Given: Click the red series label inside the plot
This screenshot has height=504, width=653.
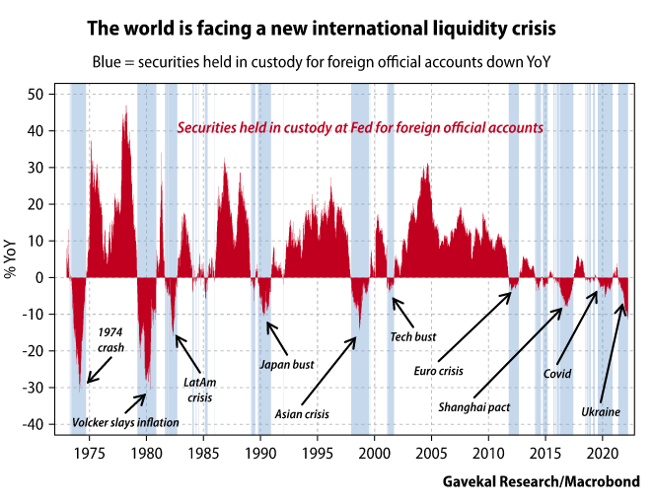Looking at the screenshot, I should point(359,128).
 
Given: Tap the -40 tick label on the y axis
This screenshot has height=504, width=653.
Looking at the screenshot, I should point(42,424).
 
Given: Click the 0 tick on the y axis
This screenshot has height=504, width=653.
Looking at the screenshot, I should point(49,277).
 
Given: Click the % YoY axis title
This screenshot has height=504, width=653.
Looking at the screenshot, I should point(13,258).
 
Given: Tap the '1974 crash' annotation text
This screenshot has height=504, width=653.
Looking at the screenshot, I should point(110,339).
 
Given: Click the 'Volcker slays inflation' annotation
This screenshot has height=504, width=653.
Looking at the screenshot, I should point(125,422).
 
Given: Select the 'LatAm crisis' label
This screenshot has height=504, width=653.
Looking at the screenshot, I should point(201,390).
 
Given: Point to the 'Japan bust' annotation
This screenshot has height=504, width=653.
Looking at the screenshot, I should point(286,364).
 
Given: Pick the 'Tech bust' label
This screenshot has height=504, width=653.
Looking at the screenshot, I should point(412,336).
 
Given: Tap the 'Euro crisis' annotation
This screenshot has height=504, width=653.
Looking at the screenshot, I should point(439,372).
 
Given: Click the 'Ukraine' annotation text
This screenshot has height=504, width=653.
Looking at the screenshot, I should point(601,410).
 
